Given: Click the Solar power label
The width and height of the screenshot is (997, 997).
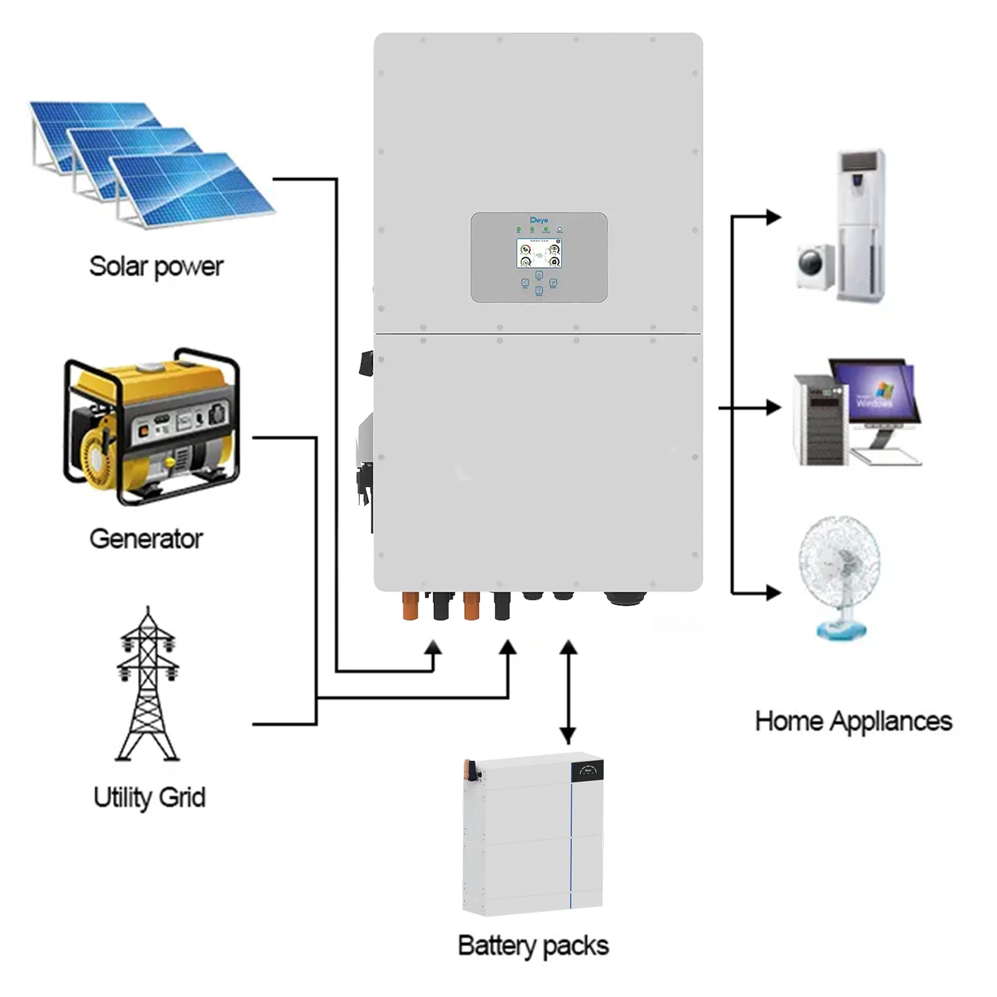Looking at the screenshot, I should pos(156,267).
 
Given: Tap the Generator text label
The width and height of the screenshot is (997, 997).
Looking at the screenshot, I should pos(146,538).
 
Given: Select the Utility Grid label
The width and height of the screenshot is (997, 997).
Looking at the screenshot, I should pos(150,797).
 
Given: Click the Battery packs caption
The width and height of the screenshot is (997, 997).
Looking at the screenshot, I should pos(533,945).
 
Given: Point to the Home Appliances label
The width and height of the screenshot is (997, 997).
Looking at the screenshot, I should pos(853,721).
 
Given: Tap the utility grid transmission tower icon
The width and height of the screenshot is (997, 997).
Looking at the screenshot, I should pos(148,685).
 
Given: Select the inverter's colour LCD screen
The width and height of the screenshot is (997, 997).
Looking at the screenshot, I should pos(539,253).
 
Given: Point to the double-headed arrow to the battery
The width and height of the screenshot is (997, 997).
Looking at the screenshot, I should pos(568,691).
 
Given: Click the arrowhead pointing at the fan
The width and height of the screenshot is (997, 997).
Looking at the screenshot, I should pos(773,592).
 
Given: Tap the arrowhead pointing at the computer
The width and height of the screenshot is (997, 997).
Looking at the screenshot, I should pos(773,407).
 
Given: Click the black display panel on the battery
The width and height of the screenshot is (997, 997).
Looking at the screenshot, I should pos(588,771).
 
